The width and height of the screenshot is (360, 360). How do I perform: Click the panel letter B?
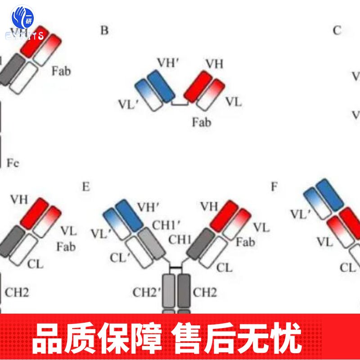coord(104,31)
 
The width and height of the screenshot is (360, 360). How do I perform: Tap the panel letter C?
coord(337,31)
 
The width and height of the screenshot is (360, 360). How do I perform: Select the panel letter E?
coord(86,186)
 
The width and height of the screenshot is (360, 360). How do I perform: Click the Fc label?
coord(13,162)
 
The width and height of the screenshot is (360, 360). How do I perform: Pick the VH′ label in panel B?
coord(168,63)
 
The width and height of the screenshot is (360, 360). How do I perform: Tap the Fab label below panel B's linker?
coord(201,122)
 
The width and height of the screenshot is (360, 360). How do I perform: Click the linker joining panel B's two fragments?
coord(180,104)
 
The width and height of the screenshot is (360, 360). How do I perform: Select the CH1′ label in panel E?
coord(166,223)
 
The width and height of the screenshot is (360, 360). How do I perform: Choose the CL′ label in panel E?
coord(119,258)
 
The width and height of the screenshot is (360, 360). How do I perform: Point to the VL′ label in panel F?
coord(301,214)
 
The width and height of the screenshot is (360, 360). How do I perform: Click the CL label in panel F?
coord(347,267)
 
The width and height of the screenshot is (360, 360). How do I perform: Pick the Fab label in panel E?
coord(245,242)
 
